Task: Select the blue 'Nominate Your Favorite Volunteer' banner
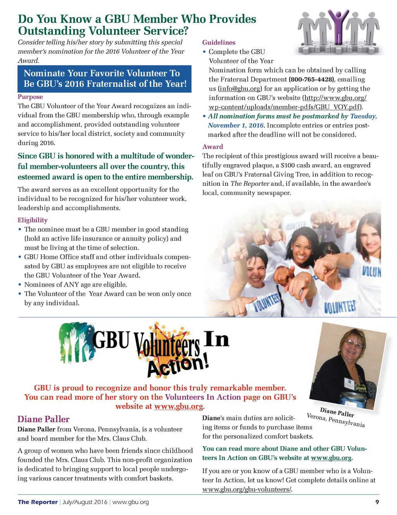point(105,79)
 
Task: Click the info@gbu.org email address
point(240,89)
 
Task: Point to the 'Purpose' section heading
point(30,97)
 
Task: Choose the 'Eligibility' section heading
point(33,220)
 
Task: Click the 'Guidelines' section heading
point(219,43)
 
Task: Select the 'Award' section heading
point(212,147)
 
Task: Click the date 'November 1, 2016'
point(236,125)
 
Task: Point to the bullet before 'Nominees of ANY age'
point(20,285)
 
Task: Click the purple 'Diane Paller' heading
point(43,419)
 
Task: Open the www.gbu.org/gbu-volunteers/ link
point(247,489)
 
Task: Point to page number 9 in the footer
point(377,502)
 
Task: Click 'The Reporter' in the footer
point(38,502)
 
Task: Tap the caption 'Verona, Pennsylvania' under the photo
point(335,421)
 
